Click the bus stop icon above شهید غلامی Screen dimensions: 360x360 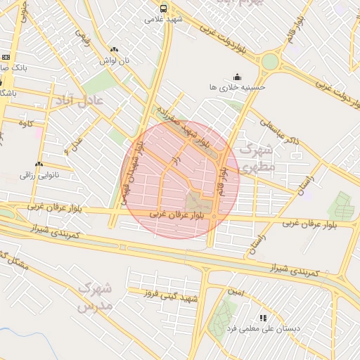(x=164, y=9)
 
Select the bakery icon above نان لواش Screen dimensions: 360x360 (x=114, y=50)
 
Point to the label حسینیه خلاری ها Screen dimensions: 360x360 (x=237, y=87)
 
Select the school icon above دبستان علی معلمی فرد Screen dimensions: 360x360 (x=264, y=318)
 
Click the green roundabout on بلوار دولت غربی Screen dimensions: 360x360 (x=269, y=61)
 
